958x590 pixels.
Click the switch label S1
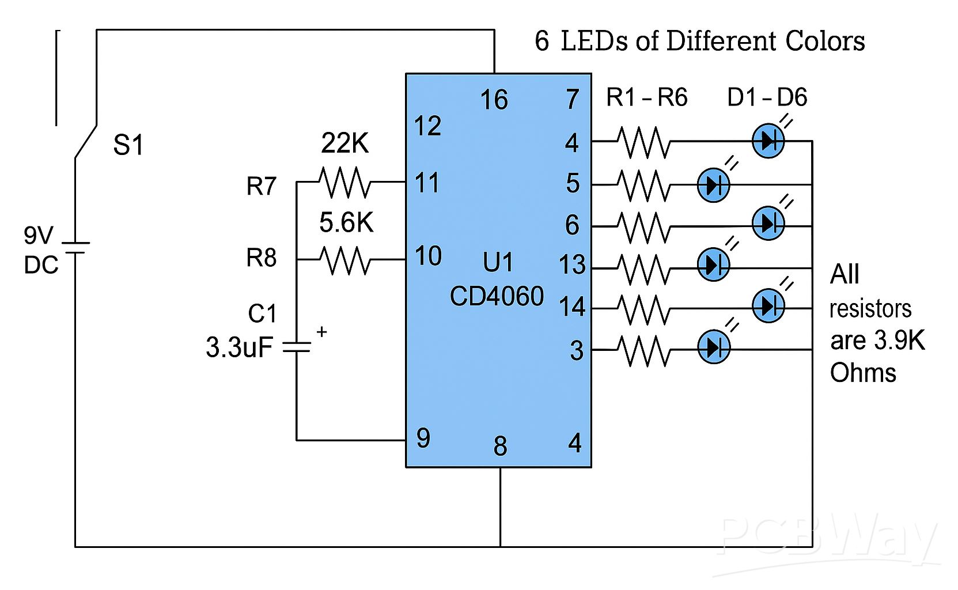128,146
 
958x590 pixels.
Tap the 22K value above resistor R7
344,143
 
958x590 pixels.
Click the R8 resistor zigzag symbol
344,260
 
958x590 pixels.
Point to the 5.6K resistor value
346,223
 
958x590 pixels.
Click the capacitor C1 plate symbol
296,347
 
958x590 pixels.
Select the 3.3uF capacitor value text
238,348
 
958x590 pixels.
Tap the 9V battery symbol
75,248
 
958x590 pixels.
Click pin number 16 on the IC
494,101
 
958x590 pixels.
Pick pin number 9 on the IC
423,439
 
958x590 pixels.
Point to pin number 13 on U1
572,266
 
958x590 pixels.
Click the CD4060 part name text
497,297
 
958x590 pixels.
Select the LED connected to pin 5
713,185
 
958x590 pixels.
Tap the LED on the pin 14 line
768,306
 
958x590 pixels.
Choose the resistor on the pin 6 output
643,226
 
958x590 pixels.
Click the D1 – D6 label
767,98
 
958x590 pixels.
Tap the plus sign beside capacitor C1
321,332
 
